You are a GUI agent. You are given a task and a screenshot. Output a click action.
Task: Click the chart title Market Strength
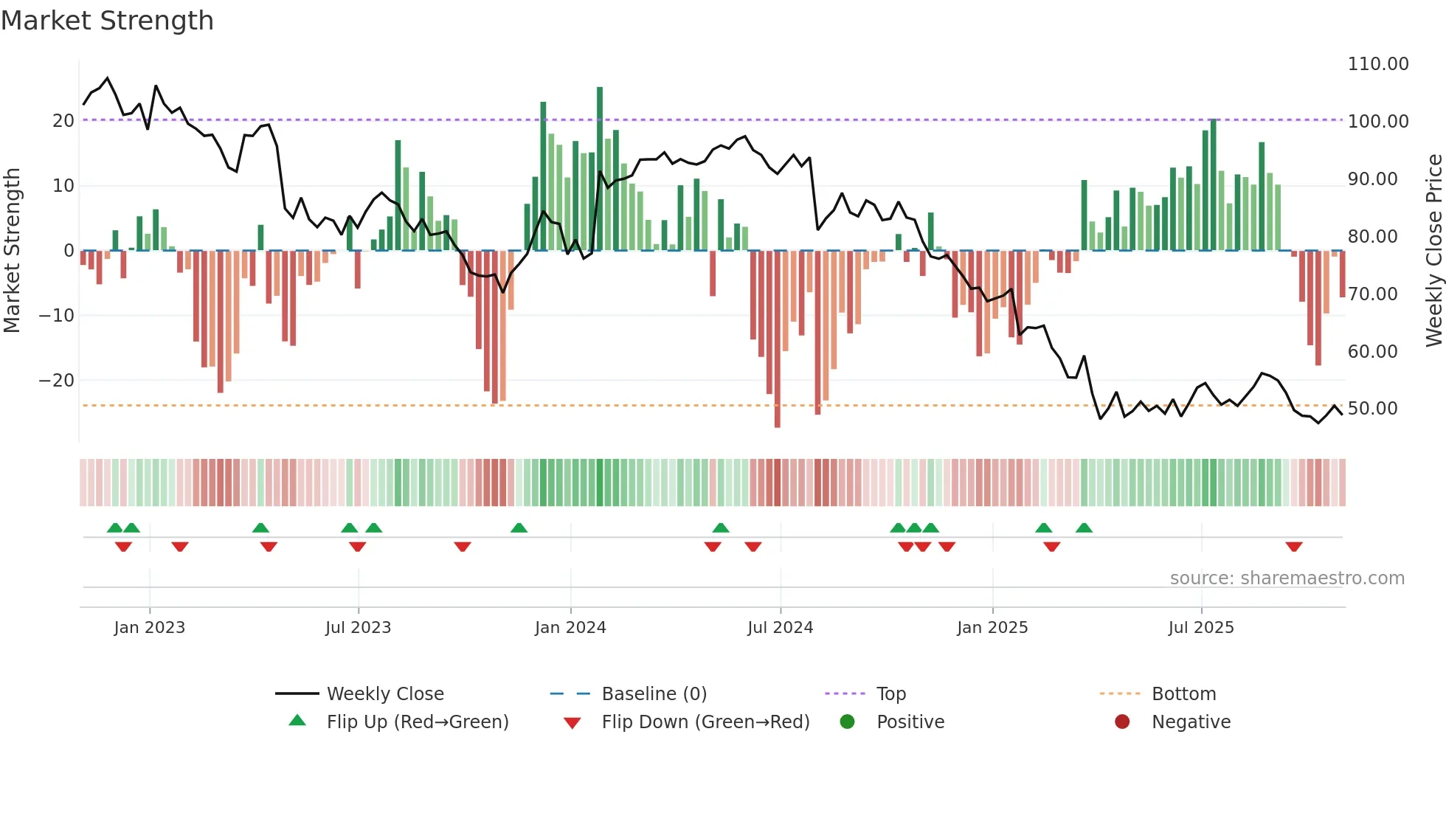(x=107, y=21)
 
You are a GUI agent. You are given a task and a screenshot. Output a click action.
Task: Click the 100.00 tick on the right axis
(x=1377, y=122)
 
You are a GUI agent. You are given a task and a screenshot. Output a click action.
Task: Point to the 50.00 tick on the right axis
(x=1372, y=409)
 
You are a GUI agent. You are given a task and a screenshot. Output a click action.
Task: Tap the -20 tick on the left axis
(x=57, y=381)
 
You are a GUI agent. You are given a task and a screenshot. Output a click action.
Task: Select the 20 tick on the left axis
(x=63, y=121)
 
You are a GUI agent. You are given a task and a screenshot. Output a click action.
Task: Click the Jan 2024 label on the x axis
(x=570, y=628)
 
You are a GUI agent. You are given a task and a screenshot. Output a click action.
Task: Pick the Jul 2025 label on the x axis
(x=1200, y=628)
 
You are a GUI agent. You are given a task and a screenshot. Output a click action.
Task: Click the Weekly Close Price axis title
(x=1433, y=251)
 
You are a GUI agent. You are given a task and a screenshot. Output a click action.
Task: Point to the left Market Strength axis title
(x=13, y=251)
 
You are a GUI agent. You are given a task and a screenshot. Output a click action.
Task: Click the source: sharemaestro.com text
(x=1287, y=578)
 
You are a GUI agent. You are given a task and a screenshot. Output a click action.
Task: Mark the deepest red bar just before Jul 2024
(x=778, y=339)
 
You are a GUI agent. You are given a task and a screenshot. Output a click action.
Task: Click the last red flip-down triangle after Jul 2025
(x=1293, y=547)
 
